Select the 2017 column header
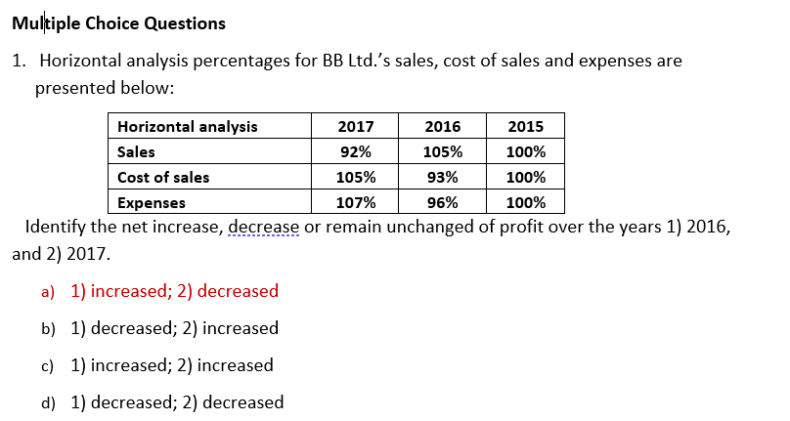click(x=354, y=126)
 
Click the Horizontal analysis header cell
click(x=188, y=126)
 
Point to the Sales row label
click(x=136, y=151)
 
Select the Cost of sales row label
click(x=163, y=177)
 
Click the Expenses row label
click(x=152, y=203)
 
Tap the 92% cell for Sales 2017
click(x=354, y=151)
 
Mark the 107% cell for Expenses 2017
click(x=354, y=203)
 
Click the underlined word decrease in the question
click(x=264, y=228)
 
